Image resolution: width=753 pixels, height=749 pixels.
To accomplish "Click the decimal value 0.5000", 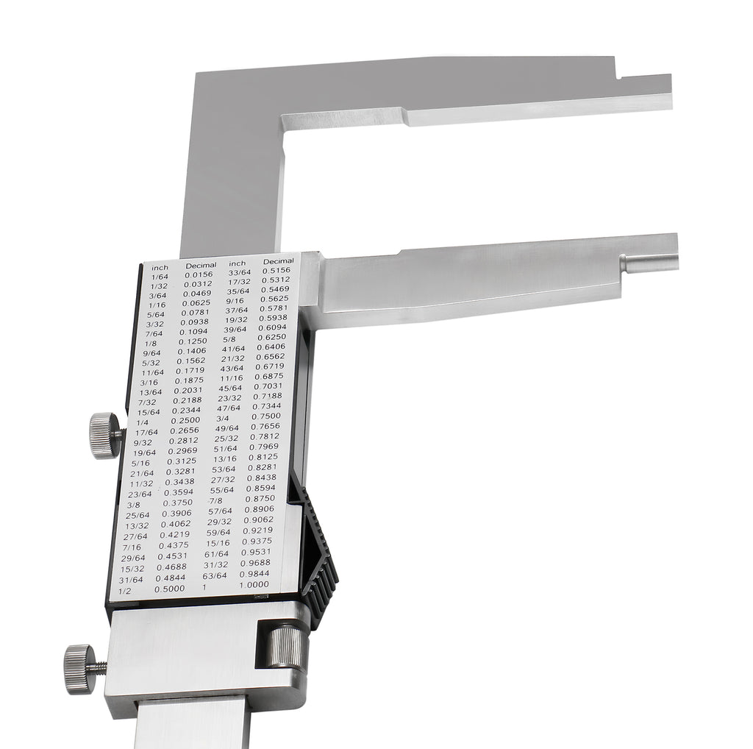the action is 170,589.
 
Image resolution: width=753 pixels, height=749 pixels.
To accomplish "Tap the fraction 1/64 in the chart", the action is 160,277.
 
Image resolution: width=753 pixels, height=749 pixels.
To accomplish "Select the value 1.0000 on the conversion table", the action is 254,585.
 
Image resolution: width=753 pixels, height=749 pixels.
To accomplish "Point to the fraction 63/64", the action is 214,575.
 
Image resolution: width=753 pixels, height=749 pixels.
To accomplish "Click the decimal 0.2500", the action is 185,420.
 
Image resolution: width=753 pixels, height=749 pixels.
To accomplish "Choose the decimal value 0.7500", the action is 266,416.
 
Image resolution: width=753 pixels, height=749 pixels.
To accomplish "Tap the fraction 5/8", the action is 229,339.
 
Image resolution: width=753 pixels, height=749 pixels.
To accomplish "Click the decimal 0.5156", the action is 276,271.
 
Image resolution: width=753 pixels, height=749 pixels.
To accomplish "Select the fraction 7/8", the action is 215,500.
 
